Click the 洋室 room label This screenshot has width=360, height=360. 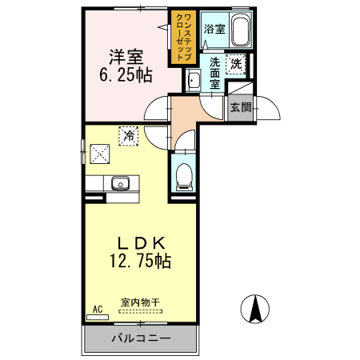[x=126, y=58]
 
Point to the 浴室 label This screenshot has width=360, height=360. [x=214, y=29]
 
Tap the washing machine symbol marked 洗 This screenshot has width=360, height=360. [x=236, y=62]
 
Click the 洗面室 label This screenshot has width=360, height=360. [x=215, y=73]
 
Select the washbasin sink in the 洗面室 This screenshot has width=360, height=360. [x=193, y=79]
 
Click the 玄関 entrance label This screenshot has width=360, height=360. [x=240, y=107]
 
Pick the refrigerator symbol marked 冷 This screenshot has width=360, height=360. [x=128, y=136]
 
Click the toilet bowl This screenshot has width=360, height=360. [x=184, y=175]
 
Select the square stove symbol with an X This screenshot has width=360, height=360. [x=100, y=150]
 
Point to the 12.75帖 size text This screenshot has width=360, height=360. [x=141, y=260]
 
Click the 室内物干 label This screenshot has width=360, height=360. [x=141, y=303]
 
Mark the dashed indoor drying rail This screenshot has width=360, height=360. [x=141, y=313]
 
